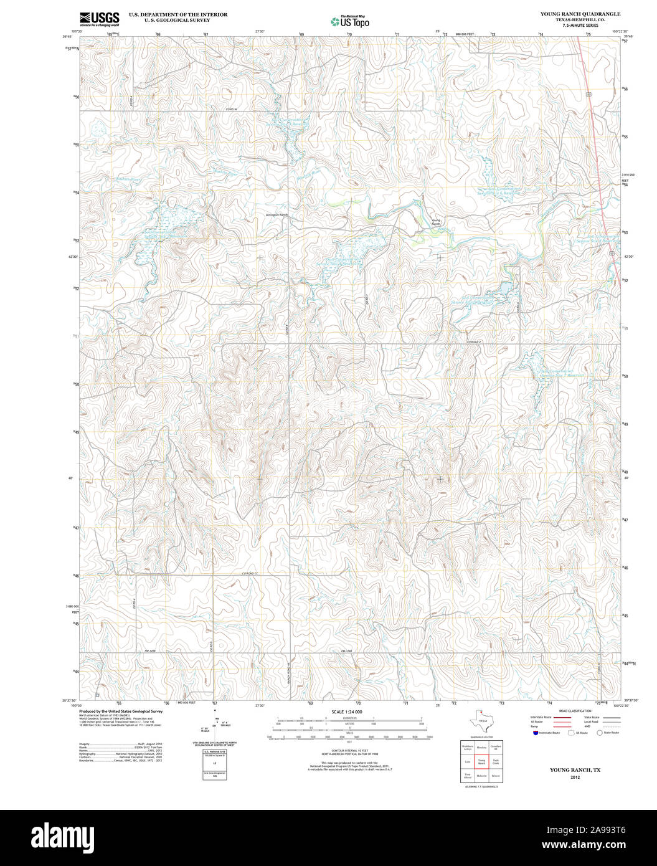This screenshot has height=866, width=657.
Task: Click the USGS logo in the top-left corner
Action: [x=99, y=19]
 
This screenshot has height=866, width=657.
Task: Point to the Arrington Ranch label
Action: [x=277, y=215]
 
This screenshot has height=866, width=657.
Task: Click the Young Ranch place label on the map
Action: [x=436, y=222]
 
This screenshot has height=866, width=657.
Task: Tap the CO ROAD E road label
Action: [x=475, y=342]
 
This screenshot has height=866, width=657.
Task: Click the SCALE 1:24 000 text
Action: [x=347, y=711]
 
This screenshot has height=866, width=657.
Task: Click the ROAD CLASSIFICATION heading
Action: [x=575, y=711]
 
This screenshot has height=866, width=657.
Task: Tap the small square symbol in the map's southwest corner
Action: [x=97, y=695]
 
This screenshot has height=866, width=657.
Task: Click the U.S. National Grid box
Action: [x=215, y=765]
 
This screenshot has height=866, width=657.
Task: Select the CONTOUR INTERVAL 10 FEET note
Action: [x=347, y=751]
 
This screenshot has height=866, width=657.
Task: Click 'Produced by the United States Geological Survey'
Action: [x=121, y=711]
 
